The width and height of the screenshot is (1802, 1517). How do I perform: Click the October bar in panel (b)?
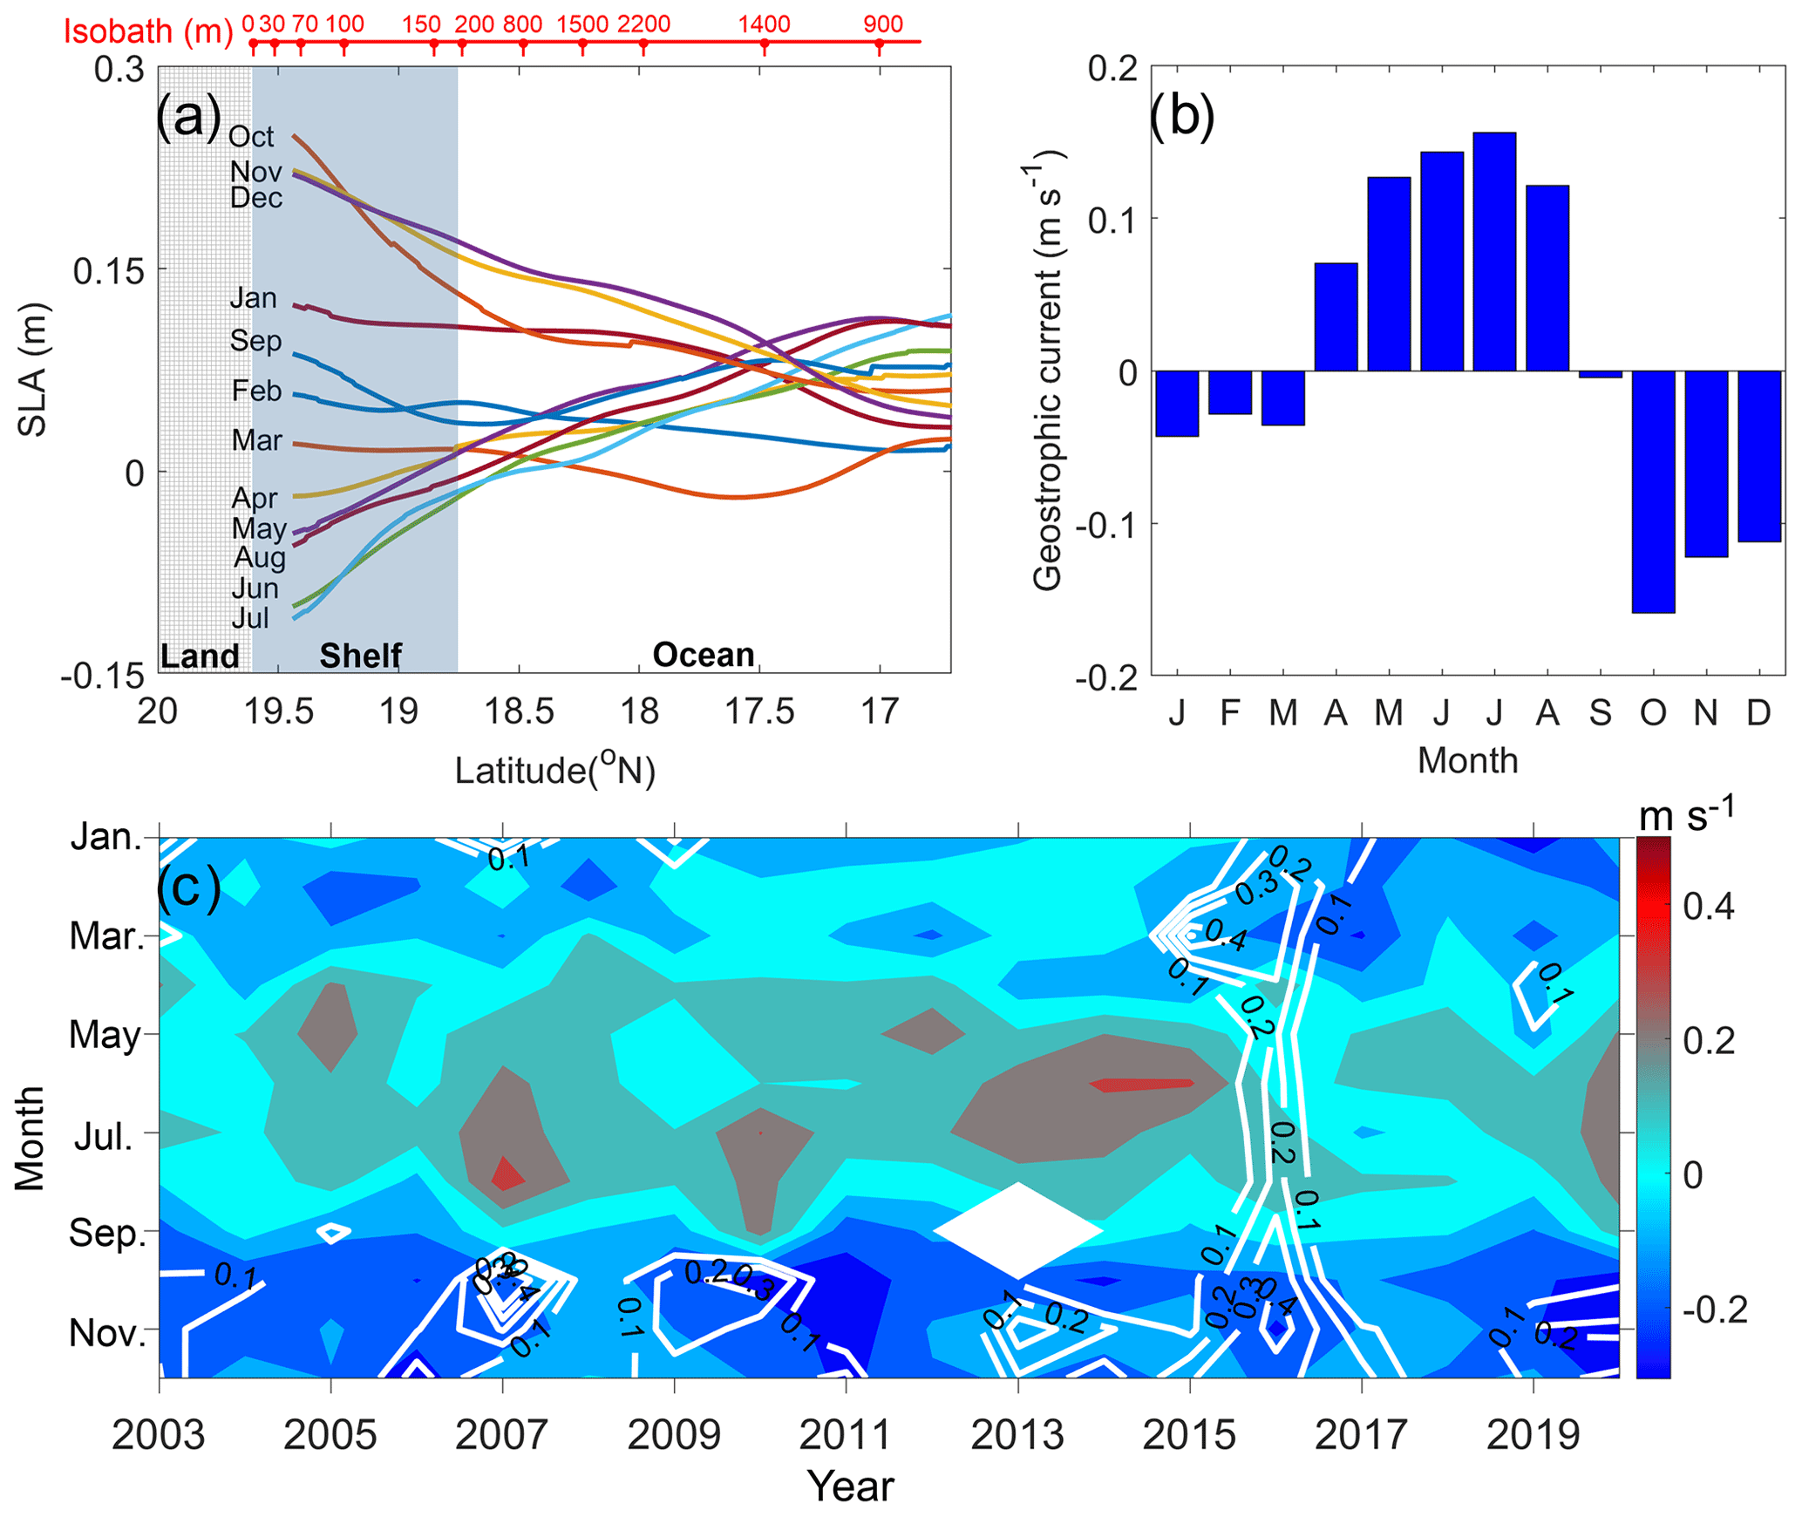coord(1652,491)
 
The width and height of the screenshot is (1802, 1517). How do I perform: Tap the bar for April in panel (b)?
coord(1335,316)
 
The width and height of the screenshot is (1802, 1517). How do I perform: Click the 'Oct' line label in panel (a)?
coord(251,137)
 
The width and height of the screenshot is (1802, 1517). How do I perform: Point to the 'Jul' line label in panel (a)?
coord(250,618)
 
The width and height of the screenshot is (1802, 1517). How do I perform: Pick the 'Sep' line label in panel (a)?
coord(255,341)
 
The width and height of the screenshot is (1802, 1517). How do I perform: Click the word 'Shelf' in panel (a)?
coord(360,656)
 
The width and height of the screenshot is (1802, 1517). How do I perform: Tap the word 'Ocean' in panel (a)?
coord(703,655)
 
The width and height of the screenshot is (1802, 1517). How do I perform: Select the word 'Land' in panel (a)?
coord(200,656)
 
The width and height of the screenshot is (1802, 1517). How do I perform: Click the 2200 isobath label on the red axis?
coord(643,24)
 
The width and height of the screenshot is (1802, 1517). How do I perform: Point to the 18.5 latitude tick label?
coord(519,712)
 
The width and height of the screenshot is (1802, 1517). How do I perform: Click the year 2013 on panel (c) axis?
coord(1017,1434)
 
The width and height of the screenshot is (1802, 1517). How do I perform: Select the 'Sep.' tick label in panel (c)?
coord(107,1233)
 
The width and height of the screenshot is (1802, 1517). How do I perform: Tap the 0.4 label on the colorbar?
coord(1709,907)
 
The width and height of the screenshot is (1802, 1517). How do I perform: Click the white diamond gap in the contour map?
coord(1017,1229)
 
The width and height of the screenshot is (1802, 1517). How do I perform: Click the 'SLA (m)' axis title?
coord(33,370)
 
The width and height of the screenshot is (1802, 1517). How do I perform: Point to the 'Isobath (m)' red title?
coord(148,31)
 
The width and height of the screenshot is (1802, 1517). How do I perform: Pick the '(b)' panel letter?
coord(1181,116)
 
